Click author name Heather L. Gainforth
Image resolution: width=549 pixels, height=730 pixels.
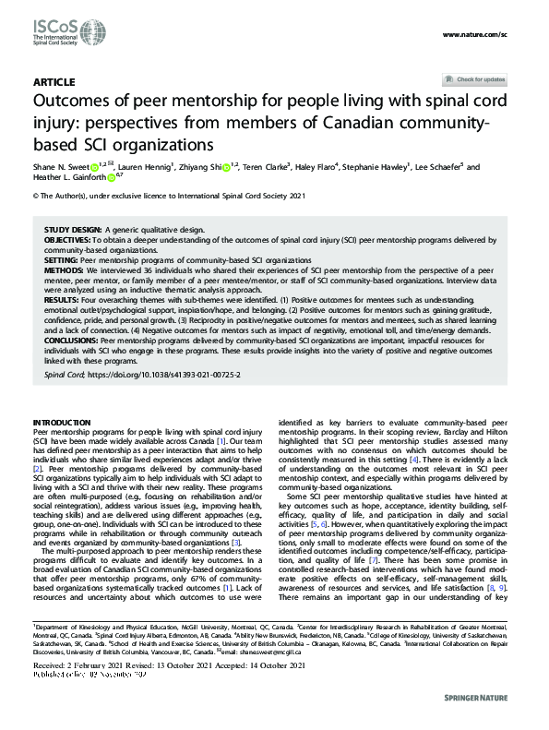[68, 178]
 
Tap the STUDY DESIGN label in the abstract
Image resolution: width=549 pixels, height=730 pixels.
[73, 228]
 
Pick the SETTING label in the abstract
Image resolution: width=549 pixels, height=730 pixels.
[60, 261]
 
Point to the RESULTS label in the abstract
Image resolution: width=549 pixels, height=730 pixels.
[62, 299]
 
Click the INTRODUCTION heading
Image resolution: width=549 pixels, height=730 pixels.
[62, 422]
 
